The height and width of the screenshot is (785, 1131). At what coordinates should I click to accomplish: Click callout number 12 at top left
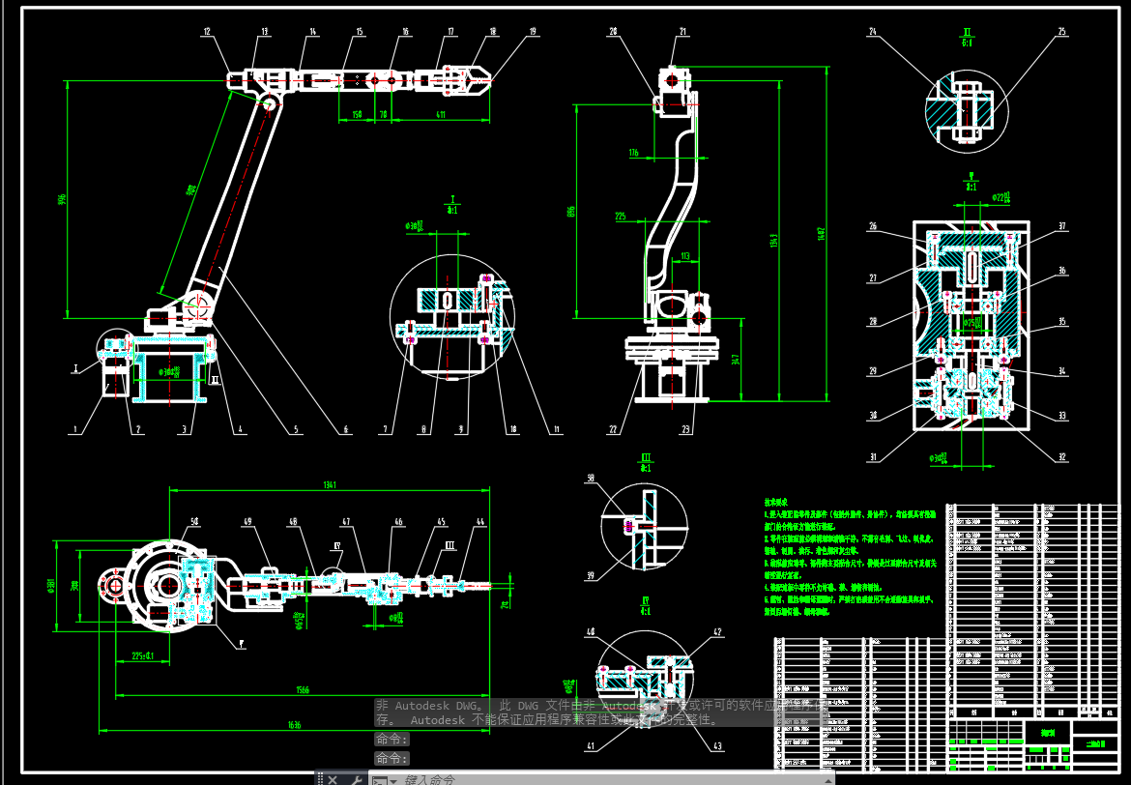click(x=206, y=32)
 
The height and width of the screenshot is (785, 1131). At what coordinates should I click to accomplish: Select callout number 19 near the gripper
click(x=532, y=32)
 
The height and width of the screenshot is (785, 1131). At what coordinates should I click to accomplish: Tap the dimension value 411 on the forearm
click(x=440, y=115)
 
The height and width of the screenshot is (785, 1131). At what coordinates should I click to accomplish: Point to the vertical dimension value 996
click(x=61, y=200)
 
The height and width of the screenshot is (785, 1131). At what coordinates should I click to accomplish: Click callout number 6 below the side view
click(x=346, y=430)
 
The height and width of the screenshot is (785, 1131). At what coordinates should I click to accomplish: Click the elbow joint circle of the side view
click(x=269, y=102)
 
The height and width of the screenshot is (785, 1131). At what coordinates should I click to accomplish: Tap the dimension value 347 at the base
click(x=738, y=360)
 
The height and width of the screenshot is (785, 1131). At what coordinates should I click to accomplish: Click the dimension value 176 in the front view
click(x=633, y=153)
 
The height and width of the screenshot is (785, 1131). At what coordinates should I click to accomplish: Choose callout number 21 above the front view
click(x=683, y=32)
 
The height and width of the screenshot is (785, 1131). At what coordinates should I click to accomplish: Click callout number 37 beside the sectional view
click(x=1061, y=227)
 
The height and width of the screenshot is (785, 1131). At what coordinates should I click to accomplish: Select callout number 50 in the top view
click(x=194, y=522)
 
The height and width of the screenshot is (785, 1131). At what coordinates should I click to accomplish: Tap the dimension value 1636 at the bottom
click(x=294, y=724)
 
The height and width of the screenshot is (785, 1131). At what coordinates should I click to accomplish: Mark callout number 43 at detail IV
click(x=717, y=745)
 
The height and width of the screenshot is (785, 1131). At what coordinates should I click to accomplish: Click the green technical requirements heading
click(x=779, y=503)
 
